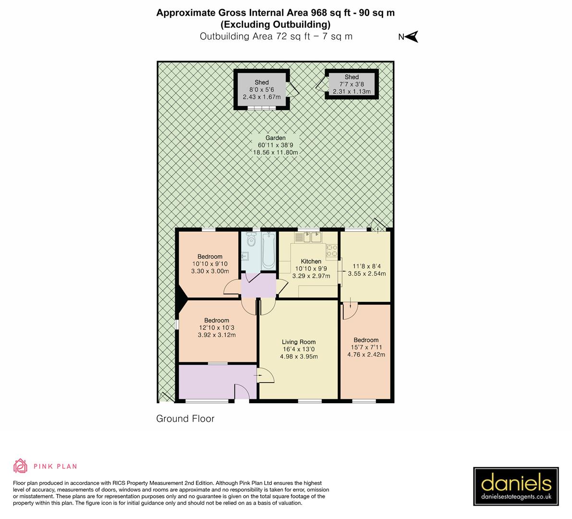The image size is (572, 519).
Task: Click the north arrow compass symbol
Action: tap(412, 37)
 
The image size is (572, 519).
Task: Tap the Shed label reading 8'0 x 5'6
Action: tap(261, 89)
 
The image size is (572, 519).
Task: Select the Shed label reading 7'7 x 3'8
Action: tap(351, 84)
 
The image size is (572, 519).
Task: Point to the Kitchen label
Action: tap(311, 261)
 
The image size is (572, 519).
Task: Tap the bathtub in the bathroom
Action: tap(268, 250)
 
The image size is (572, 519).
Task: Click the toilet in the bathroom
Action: tap(250, 239)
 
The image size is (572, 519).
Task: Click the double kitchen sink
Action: tap(311, 237)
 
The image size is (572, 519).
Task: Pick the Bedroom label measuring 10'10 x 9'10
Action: tap(210, 264)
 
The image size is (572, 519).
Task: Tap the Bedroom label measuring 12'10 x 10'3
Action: tap(216, 328)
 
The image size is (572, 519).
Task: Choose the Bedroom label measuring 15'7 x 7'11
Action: tap(366, 347)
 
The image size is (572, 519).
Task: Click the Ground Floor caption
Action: tap(185, 419)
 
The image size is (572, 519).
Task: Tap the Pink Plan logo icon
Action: tap(21, 466)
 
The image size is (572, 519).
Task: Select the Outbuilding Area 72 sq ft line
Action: tap(276, 36)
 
